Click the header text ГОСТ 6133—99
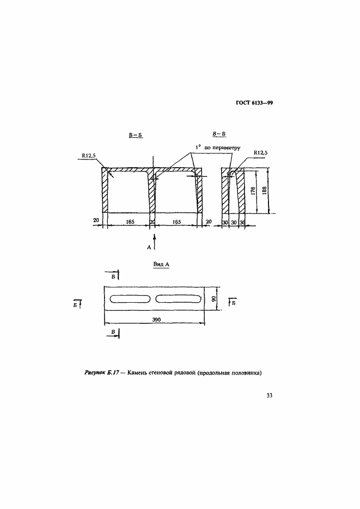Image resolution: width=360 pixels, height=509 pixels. point(254,103)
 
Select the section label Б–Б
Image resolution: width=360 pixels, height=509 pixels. point(136,135)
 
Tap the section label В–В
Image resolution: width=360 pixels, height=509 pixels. point(219,134)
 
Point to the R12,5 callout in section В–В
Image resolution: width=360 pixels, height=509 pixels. point(261,152)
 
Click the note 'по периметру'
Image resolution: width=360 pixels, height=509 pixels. point(222,148)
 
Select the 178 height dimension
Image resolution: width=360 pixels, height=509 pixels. point(254,191)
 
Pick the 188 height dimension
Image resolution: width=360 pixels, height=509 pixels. point(264,190)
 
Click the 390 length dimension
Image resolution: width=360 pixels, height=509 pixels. point(156,320)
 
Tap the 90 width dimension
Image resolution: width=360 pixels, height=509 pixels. point(213,298)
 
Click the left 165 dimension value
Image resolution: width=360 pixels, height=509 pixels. point(130,222)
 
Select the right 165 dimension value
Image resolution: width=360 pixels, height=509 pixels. point(176,222)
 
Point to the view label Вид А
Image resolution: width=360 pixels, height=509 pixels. point(161,264)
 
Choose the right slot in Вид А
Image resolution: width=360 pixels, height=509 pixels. point(178,299)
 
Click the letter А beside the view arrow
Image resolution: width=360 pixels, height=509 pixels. point(149,247)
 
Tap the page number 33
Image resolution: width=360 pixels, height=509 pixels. point(269,395)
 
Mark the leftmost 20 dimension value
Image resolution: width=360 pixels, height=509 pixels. point(96,220)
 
